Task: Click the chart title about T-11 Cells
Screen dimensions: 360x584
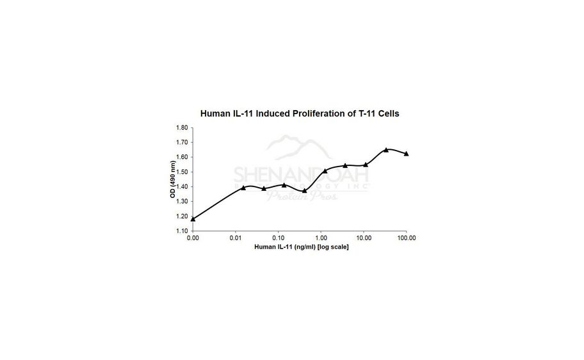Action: pyautogui.click(x=300, y=113)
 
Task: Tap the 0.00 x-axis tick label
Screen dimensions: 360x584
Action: pyautogui.click(x=193, y=238)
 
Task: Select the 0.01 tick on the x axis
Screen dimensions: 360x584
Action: pyautogui.click(x=236, y=238)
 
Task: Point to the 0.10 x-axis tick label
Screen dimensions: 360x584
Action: pyautogui.click(x=278, y=238)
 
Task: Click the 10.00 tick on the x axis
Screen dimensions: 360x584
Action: pyautogui.click(x=363, y=238)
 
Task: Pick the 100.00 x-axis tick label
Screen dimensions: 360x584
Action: pyautogui.click(x=406, y=238)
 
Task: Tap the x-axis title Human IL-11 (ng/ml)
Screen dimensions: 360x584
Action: pyautogui.click(x=301, y=247)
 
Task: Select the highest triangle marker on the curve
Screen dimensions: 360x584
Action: pyautogui.click(x=386, y=149)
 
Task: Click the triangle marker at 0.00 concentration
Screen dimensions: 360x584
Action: pyautogui.click(x=193, y=219)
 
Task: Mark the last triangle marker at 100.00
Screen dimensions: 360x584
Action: pyautogui.click(x=407, y=154)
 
